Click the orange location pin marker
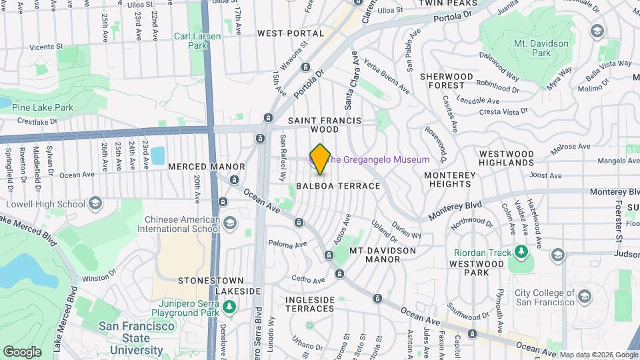click(x=320, y=158)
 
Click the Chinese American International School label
click(x=179, y=224)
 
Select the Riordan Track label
click(x=482, y=253)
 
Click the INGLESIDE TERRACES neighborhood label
click(x=310, y=304)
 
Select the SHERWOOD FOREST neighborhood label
click(x=446, y=81)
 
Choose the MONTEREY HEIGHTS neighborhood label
click(x=451, y=179)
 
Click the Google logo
click(x=22, y=351)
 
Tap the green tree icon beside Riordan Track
click(x=523, y=253)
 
